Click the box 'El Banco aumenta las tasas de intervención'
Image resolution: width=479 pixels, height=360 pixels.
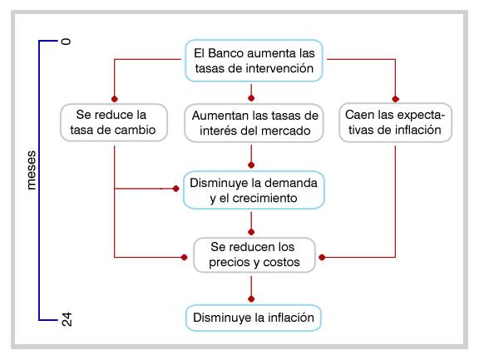(254, 61)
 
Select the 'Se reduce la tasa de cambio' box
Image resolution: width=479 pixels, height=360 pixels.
(114, 122)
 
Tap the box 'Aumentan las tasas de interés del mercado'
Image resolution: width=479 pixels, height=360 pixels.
(254, 123)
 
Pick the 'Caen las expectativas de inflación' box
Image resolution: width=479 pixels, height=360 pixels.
(395, 122)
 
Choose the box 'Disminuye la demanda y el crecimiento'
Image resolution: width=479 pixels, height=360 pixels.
(254, 190)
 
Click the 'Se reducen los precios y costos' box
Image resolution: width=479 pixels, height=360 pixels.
(254, 255)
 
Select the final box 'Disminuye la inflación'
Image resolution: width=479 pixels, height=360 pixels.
(254, 318)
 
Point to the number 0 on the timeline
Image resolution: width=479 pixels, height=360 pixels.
(66, 42)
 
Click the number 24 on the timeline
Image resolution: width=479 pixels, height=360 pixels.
(67, 319)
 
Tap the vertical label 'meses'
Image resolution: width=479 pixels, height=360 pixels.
(31, 170)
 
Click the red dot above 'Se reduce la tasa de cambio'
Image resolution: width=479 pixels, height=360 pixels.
(115, 99)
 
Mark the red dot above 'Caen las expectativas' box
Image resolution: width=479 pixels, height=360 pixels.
(395, 99)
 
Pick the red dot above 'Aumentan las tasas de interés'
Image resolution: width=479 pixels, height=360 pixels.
(251, 98)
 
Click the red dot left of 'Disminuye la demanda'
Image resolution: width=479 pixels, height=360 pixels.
(175, 189)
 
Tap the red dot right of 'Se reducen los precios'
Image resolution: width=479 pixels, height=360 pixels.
(322, 258)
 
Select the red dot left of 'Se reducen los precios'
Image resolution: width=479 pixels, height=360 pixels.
(185, 258)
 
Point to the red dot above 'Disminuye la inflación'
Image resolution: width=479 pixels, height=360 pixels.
(251, 298)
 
